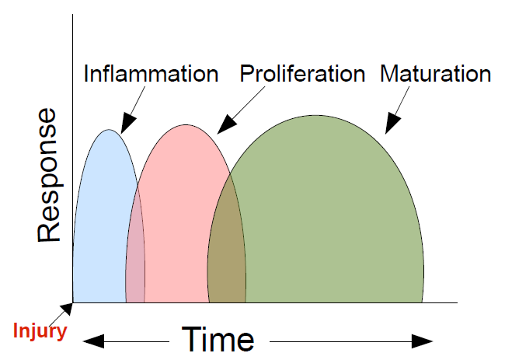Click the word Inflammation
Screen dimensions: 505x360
click(151, 74)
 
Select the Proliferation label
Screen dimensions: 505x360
click(302, 74)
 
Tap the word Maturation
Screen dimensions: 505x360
click(435, 74)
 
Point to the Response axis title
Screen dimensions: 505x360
click(49, 175)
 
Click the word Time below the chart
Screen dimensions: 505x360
click(218, 340)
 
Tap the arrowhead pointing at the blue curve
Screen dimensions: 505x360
click(128, 124)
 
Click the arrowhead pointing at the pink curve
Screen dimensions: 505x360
click(226, 124)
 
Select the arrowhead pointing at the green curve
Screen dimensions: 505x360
click(392, 124)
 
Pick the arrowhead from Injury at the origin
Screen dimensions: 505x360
click(67, 309)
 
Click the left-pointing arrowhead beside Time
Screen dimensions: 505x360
click(94, 341)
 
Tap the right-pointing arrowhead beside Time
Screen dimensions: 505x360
click(422, 341)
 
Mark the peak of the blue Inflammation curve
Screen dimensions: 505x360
click(109, 130)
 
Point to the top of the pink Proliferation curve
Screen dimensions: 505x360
click(186, 125)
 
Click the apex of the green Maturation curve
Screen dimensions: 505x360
click(315, 115)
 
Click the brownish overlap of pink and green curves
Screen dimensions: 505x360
click(227, 248)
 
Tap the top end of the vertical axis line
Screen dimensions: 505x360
click(72, 15)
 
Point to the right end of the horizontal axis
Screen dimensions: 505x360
click(458, 302)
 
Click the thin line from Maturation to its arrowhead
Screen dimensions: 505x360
click(403, 101)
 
